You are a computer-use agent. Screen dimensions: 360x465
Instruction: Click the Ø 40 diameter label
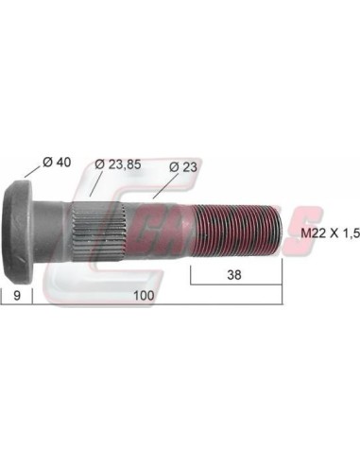click(57, 163)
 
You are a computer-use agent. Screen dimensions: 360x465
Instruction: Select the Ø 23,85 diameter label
click(118, 164)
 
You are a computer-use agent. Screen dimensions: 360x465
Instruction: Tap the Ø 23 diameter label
click(183, 166)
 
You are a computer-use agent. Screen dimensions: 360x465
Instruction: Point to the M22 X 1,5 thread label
click(330, 233)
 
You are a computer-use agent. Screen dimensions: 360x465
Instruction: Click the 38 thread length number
click(234, 275)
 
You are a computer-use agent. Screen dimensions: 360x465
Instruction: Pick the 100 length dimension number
click(144, 296)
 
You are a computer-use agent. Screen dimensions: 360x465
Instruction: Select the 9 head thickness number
click(17, 296)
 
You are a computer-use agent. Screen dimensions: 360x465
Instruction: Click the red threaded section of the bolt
click(238, 230)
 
